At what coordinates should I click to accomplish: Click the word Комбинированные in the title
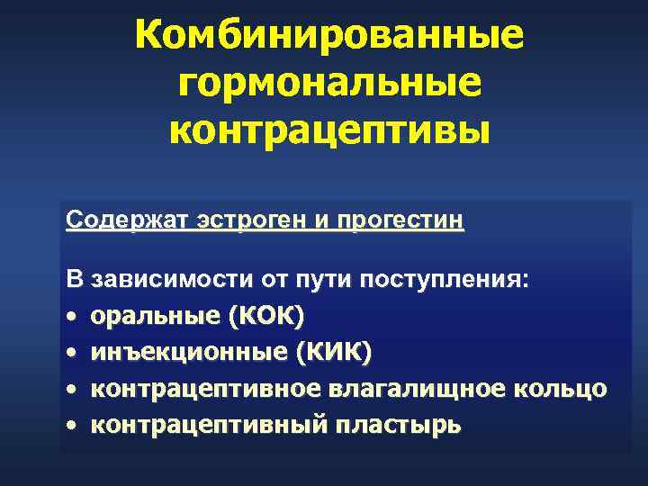(x=328, y=37)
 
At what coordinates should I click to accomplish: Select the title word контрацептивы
(x=329, y=131)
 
